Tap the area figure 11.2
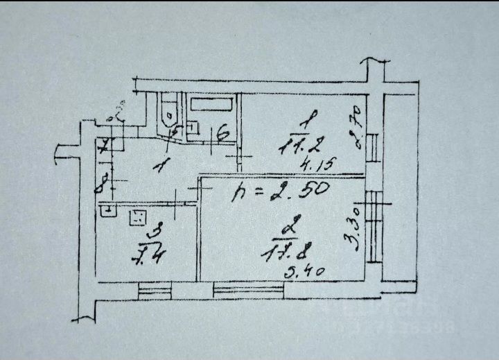pyautogui.click(x=300, y=146)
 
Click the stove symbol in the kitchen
pyautogui.click(x=137, y=217)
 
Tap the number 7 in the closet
pyautogui.click(x=103, y=147)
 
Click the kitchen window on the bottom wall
pyautogui.click(x=154, y=289)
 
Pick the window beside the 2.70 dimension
pyautogui.click(x=375, y=146)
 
